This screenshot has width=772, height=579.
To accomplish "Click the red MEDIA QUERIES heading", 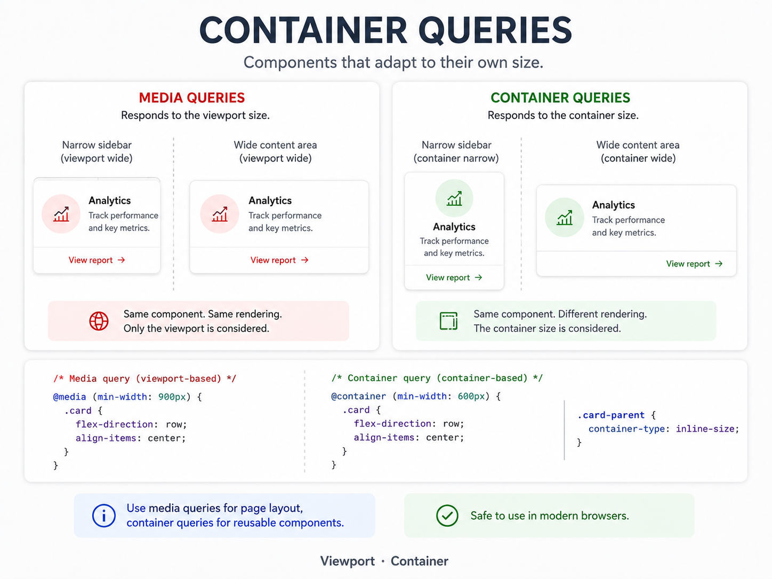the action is [x=192, y=98].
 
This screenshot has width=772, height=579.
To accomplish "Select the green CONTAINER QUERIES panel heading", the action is [x=560, y=98].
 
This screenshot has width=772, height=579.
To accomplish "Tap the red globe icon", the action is [x=99, y=321].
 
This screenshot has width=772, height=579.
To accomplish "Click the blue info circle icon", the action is [x=104, y=516].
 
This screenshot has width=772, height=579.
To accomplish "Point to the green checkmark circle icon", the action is [x=447, y=516].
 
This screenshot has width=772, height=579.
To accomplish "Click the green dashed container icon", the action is [x=449, y=320].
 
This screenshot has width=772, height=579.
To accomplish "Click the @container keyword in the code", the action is [x=358, y=397].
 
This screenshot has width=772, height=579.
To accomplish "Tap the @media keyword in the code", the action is [x=69, y=397].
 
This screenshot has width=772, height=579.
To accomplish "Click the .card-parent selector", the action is [x=611, y=415].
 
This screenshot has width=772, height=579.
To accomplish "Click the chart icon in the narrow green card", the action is [x=454, y=199].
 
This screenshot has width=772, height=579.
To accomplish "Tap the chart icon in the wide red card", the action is [x=220, y=214].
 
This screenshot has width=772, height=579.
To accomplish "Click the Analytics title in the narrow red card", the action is [x=109, y=200].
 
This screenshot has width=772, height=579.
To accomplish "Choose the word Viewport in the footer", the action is [x=347, y=561].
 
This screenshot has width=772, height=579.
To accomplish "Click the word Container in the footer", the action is [x=419, y=561].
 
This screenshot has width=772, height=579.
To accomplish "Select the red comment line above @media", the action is [x=144, y=379].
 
